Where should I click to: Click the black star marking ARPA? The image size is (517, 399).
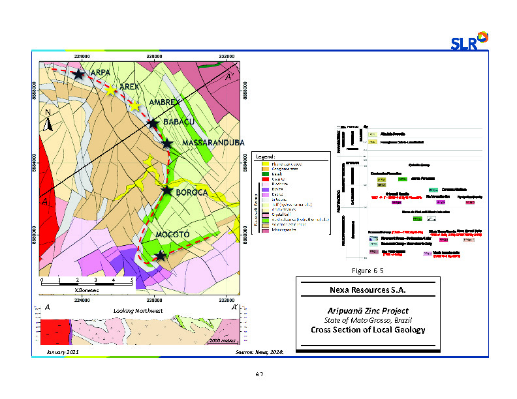[x=79, y=75]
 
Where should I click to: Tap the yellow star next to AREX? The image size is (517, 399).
[x=112, y=91]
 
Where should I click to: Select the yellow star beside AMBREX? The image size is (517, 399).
[x=135, y=106]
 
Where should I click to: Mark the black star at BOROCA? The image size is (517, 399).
[x=167, y=190]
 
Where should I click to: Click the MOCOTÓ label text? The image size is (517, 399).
[x=172, y=234]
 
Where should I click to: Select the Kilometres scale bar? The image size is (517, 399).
[x=87, y=281]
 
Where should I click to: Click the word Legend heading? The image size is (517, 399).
[x=265, y=156]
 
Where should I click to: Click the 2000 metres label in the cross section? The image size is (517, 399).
[x=222, y=341]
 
